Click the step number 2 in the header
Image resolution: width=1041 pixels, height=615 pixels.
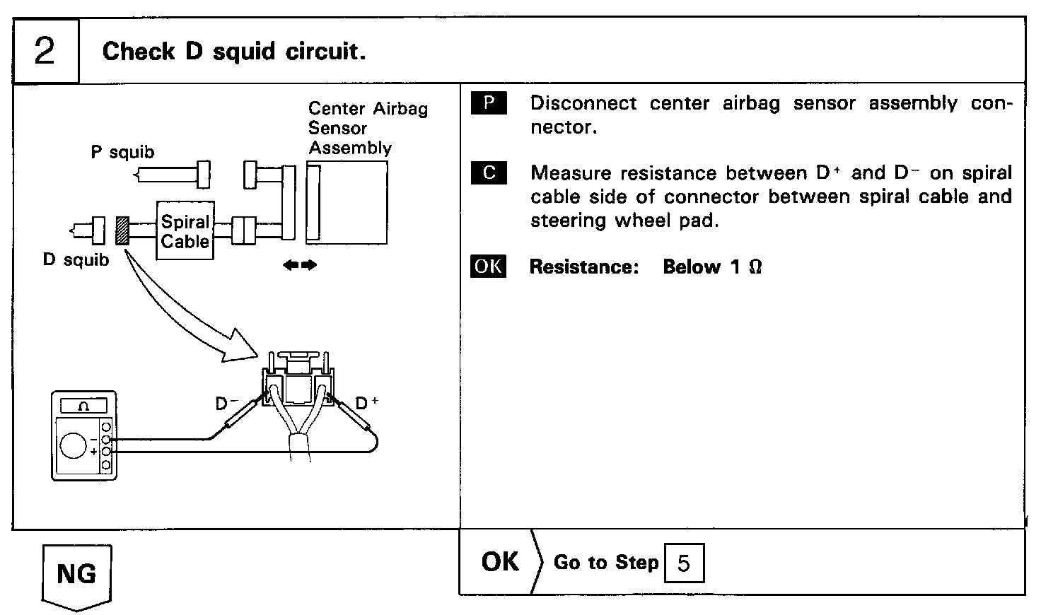pos(45,52)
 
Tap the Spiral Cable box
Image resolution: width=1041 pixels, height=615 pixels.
pos(185,230)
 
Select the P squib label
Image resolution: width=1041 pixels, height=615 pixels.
pos(122,152)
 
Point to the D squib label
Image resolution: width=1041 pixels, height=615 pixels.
pos(76,260)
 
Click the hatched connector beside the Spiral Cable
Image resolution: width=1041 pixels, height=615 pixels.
pos(123,230)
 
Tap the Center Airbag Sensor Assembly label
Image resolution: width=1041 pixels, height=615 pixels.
pos(367,128)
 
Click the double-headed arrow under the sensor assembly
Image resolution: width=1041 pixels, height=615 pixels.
pos(300,265)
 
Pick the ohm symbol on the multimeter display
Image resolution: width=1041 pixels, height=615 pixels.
pos(83,406)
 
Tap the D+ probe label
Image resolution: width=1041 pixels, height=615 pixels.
pos(366,403)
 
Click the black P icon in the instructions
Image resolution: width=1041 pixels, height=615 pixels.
pos(489,103)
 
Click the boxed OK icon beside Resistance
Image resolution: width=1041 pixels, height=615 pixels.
pos(489,266)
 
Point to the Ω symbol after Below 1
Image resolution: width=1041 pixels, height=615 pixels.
pos(755,267)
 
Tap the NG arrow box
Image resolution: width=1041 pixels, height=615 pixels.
pos(76,575)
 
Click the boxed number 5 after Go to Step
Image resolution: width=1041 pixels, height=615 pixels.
pos(684,563)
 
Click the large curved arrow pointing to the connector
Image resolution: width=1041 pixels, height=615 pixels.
pos(187,311)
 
